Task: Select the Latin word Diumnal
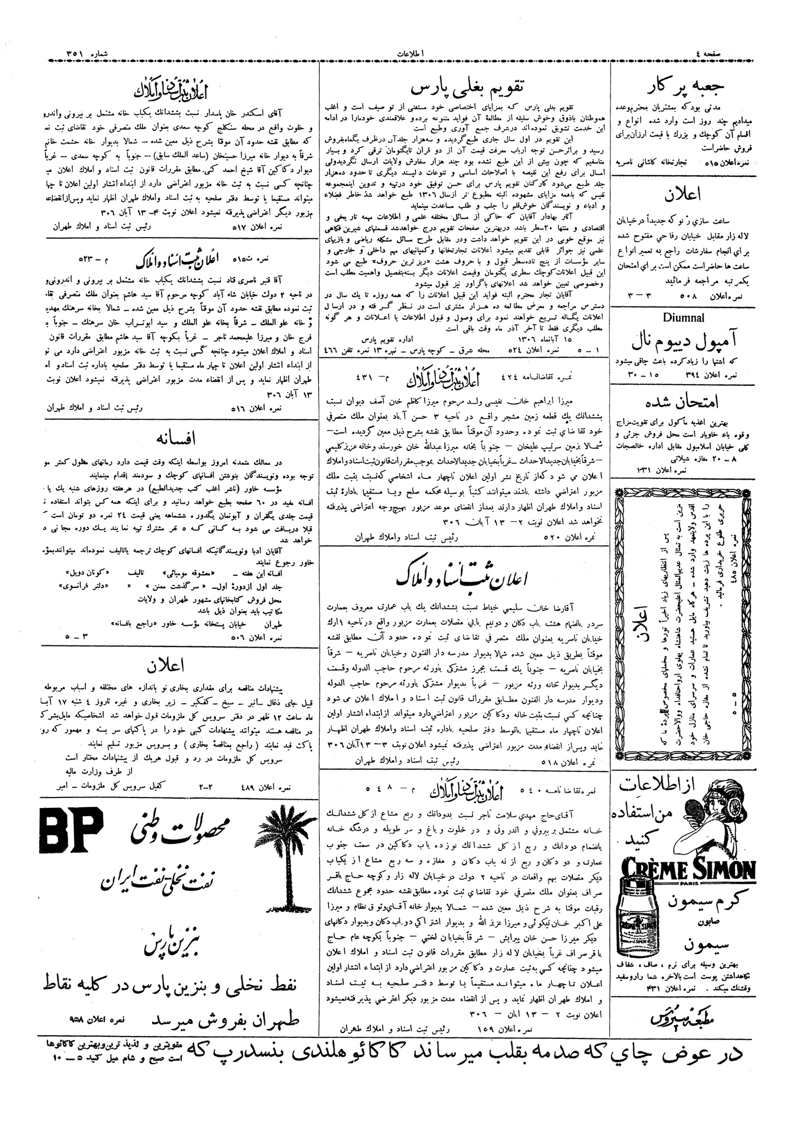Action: pos(683,318)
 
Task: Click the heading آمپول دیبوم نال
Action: pos(684,342)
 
